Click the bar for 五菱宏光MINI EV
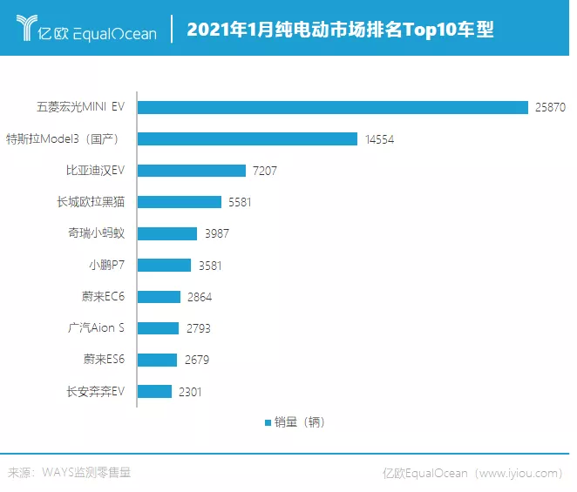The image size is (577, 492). (x=333, y=107)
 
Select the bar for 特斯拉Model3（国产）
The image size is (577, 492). (x=248, y=138)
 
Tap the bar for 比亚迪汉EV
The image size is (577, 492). (x=192, y=171)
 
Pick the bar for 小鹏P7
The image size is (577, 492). (x=164, y=265)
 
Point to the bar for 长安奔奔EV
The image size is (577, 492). (x=155, y=391)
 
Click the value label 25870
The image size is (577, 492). (x=551, y=107)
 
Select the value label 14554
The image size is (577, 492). (x=379, y=139)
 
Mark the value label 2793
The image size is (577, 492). (x=198, y=328)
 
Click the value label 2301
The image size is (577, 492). (x=190, y=392)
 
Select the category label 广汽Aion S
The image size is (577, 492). (x=97, y=328)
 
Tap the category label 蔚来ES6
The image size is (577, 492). (x=105, y=360)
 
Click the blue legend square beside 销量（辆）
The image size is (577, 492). (x=268, y=422)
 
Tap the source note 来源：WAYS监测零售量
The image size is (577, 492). (x=70, y=473)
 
